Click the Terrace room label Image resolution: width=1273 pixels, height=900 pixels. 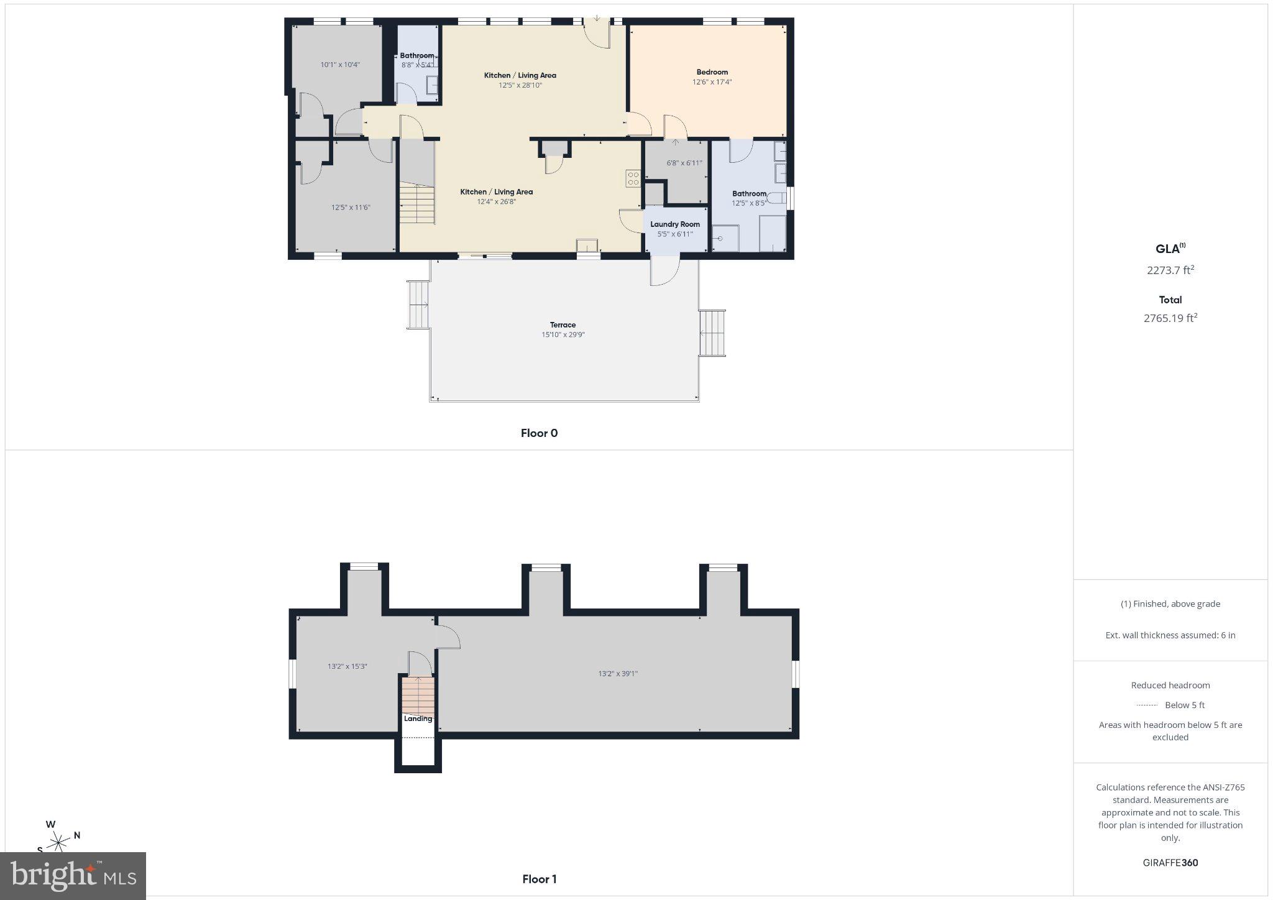click(563, 325)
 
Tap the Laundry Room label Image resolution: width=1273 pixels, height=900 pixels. click(675, 224)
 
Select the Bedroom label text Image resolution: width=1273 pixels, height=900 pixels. click(712, 72)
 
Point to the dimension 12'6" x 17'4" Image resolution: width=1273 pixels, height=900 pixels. click(712, 82)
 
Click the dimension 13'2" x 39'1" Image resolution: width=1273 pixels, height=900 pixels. click(618, 674)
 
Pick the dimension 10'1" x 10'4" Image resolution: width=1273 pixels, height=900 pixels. click(340, 65)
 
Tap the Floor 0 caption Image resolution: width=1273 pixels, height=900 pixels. click(539, 433)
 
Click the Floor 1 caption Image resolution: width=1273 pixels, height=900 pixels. click(539, 879)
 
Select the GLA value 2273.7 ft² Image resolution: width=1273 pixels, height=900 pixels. click(1170, 270)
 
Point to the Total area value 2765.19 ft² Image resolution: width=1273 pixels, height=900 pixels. click(1170, 318)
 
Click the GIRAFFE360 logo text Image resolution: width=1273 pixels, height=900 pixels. click(1170, 863)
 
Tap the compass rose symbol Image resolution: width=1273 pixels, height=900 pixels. click(59, 842)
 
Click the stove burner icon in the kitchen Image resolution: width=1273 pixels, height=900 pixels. click(633, 179)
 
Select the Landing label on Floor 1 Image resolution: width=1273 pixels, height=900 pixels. click(418, 719)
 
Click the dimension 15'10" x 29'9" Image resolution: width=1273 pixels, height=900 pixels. click(563, 335)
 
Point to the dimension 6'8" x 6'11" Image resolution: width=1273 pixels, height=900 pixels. click(684, 163)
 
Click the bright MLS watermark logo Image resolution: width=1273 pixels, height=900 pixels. click(73, 876)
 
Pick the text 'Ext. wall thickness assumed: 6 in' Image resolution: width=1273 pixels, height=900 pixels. click(1170, 635)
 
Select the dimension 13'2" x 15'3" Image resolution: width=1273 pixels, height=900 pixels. click(347, 666)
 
